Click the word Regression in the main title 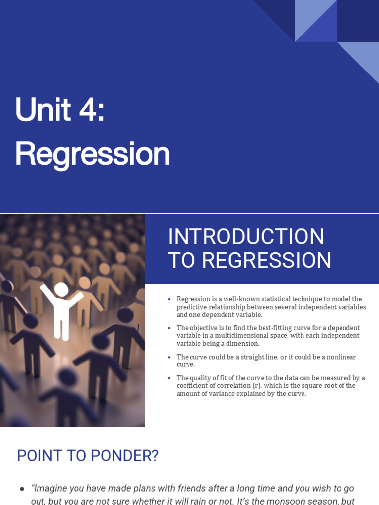92,154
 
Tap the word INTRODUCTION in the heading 246,237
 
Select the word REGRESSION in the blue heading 266,260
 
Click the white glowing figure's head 61,289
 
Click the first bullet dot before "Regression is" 169,299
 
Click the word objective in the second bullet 204,328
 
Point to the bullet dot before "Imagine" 22,489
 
